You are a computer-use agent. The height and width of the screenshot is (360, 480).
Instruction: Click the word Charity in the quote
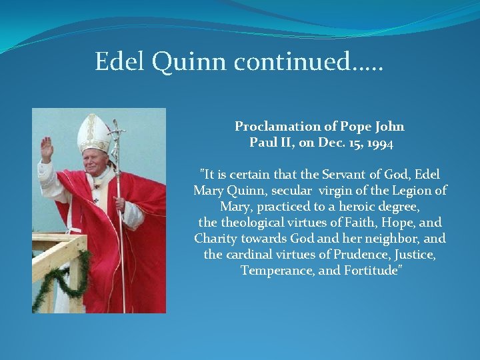[x=215, y=239]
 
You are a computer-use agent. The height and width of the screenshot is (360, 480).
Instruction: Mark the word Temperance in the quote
[x=273, y=271]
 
